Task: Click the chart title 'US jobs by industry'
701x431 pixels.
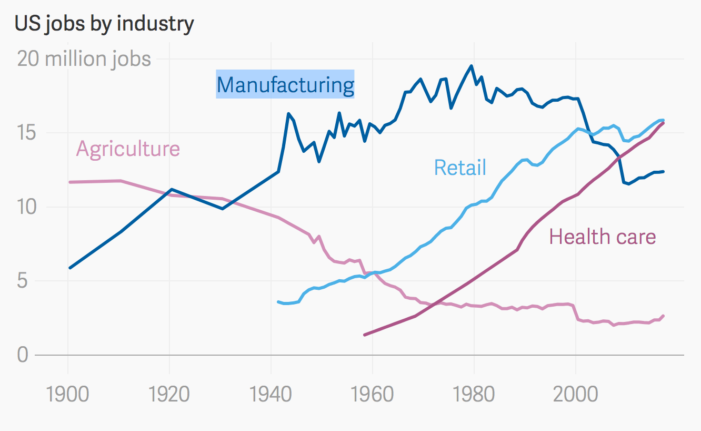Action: (x=104, y=24)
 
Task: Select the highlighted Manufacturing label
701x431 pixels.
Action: (x=285, y=85)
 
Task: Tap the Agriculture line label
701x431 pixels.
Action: (x=128, y=149)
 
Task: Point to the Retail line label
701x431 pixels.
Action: (x=460, y=168)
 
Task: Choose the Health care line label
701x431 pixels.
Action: (x=603, y=237)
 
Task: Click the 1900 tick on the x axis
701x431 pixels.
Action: (x=68, y=395)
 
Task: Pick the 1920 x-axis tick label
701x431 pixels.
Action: (x=169, y=395)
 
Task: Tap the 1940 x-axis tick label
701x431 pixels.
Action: (x=271, y=395)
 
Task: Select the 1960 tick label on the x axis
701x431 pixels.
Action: (x=373, y=395)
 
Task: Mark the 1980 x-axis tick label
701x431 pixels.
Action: (x=474, y=395)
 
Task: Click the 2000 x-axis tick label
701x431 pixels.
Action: (x=576, y=395)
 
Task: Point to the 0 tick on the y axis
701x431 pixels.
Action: (x=22, y=355)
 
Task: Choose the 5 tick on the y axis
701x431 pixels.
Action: (x=22, y=281)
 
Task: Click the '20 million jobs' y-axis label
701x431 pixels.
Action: (x=84, y=59)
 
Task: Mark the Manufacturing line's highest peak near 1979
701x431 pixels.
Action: (x=472, y=66)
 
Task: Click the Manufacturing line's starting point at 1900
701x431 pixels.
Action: (x=69, y=268)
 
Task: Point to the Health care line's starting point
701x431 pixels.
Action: (x=365, y=335)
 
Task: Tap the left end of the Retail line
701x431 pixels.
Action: (x=278, y=302)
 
